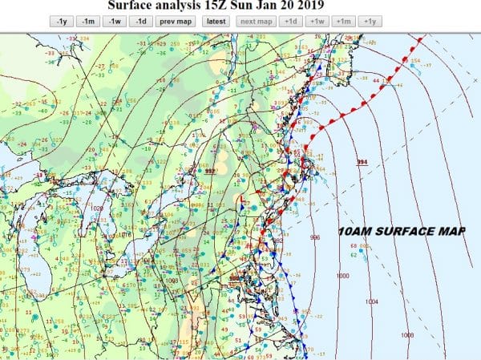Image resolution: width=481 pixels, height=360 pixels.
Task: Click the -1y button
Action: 63,22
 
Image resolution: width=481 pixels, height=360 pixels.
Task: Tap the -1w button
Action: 116,22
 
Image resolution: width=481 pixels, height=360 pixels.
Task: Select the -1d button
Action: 142,22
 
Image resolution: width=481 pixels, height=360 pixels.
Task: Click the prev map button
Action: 176,22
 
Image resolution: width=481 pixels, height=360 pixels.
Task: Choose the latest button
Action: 216,22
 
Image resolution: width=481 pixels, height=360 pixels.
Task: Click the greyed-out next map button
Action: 256,22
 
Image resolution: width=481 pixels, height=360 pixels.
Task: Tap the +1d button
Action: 290,22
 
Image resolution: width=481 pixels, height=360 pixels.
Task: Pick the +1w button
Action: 317,22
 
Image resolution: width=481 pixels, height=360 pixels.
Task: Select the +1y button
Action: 370,22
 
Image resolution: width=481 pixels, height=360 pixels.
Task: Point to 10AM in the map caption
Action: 355,232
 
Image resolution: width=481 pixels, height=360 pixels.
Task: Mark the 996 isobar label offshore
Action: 314,238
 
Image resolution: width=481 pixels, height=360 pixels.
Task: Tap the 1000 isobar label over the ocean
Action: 343,275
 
